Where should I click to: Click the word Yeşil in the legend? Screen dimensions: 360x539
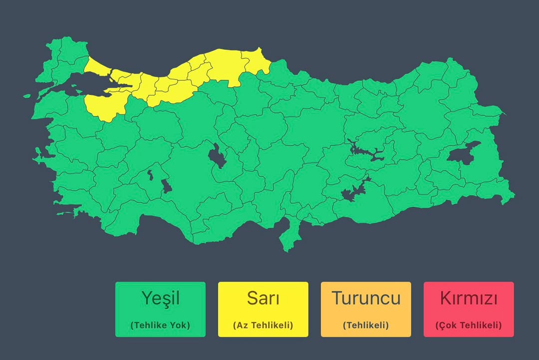coord(160,299)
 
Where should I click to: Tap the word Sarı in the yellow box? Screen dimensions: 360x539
coord(263,299)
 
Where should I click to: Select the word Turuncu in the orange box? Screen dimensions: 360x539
coord(366,299)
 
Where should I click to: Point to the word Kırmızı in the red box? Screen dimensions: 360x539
coord(469,299)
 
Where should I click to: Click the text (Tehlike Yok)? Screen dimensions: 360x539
coord(160,325)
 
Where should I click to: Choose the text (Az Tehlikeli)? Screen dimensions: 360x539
coord(263,325)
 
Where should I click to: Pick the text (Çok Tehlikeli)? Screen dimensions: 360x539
coord(469,325)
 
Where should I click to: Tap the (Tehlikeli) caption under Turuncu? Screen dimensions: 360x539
coord(366,325)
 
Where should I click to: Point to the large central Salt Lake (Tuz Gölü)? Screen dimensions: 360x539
coord(217,156)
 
